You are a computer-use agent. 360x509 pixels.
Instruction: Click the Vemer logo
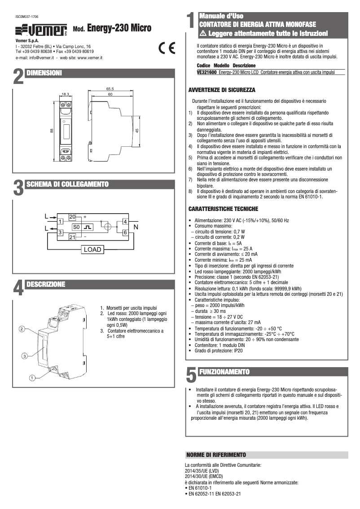pos(41,30)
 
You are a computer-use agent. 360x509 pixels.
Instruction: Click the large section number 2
pos(18,76)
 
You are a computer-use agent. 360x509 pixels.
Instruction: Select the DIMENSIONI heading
pos(44,73)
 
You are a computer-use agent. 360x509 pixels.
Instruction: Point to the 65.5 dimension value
pos(110,88)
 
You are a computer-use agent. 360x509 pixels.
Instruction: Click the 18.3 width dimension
pos(65,94)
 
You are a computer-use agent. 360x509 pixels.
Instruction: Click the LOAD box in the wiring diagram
pos(92,250)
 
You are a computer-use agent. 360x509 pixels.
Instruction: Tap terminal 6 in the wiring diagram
pos(125,232)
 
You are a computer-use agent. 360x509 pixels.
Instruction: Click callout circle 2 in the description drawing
pos(22,329)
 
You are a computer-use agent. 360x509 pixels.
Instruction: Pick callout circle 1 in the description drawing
pos(32,378)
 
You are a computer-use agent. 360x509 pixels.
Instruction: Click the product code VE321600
pos(207,72)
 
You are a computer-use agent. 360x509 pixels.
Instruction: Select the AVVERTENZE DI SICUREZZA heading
pos(222,90)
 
